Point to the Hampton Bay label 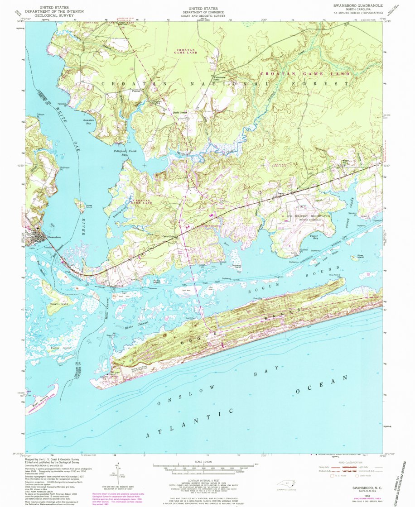(x=88, y=121)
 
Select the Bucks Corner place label (x=180, y=112)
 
